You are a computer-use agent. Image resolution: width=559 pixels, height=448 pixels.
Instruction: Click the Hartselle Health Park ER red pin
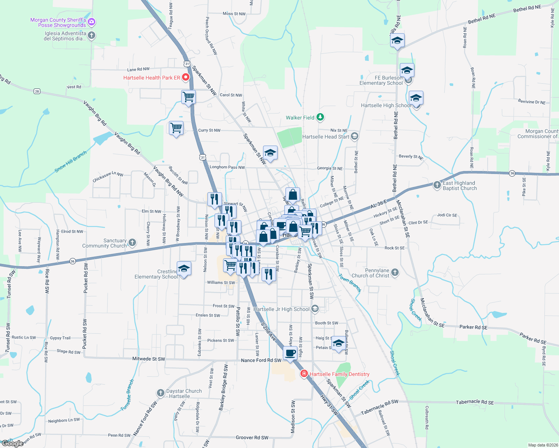pyautogui.click(x=186, y=77)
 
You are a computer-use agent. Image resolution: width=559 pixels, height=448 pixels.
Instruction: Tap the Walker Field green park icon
pyautogui.click(x=320, y=117)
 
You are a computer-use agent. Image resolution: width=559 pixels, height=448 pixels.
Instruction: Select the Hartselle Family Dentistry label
pyautogui.click(x=339, y=374)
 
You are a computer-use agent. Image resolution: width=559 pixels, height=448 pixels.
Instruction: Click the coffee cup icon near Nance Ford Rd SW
pyautogui.click(x=290, y=352)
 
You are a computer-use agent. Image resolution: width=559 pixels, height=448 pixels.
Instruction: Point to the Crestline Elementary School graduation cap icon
pyautogui.click(x=184, y=269)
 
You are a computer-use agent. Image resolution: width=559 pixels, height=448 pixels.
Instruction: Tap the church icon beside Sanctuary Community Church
pyautogui.click(x=132, y=243)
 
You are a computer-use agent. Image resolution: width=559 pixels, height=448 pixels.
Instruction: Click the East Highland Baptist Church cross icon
pyautogui.click(x=437, y=185)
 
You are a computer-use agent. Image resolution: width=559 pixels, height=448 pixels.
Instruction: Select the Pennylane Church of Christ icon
pyautogui.click(x=395, y=273)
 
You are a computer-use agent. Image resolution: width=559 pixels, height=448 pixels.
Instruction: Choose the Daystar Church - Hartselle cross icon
pyautogui.click(x=160, y=393)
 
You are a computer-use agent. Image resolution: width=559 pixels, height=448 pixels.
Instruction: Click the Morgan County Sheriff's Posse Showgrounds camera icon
pyautogui.click(x=92, y=22)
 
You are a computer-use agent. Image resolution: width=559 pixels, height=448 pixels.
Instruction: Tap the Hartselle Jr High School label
pyautogui.click(x=281, y=309)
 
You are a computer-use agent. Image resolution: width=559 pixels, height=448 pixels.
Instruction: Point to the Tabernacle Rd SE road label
pyautogui.click(x=475, y=402)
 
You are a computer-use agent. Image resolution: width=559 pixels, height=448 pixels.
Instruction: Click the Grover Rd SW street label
pyautogui.click(x=252, y=438)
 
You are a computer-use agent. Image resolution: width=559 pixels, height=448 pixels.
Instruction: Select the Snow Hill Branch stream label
pyautogui.click(x=71, y=162)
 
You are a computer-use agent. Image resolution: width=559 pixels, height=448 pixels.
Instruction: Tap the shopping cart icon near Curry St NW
pyautogui.click(x=176, y=128)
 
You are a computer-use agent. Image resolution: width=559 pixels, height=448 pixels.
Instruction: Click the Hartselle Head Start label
pyautogui.click(x=325, y=137)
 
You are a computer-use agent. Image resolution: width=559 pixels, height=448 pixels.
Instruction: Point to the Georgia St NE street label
pyautogui.click(x=330, y=168)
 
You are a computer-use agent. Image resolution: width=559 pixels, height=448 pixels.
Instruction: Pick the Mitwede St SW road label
pyautogui.click(x=148, y=359)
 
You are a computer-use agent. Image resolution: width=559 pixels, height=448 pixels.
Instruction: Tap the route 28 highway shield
pyautogui.click(x=37, y=91)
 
